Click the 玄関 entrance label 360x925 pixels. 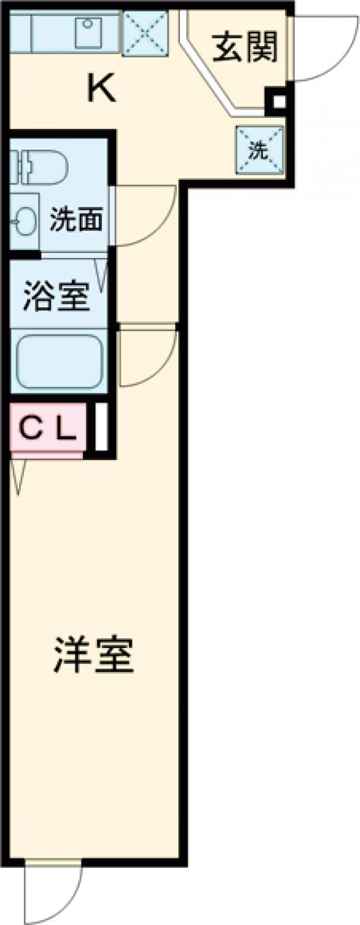click(x=245, y=47)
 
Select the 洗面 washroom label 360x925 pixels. click(x=76, y=221)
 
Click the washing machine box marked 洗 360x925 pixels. click(x=259, y=151)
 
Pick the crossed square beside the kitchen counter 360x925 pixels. click(x=145, y=34)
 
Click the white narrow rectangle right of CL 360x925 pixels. click(x=101, y=427)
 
